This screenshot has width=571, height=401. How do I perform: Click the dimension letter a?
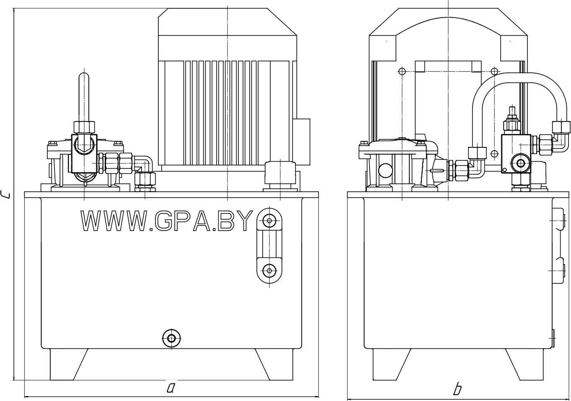tap(171, 388)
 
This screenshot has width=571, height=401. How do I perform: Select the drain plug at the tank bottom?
tap(172, 338)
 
